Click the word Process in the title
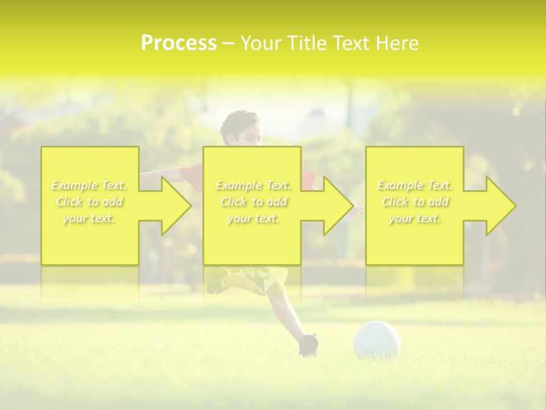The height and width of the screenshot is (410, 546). (179, 43)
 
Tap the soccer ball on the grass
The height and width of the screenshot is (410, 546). (377, 340)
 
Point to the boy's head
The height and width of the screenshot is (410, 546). (241, 128)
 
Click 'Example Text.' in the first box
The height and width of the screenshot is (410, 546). (89, 185)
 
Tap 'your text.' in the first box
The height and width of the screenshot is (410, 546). (89, 218)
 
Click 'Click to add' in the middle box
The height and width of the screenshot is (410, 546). (253, 202)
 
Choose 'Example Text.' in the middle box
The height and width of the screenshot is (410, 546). (253, 185)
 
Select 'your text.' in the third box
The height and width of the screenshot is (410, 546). (415, 218)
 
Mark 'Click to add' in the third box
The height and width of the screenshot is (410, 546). (415, 202)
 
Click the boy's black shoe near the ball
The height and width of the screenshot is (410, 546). (308, 344)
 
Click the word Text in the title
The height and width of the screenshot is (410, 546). (349, 43)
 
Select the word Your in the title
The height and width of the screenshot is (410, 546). (262, 43)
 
